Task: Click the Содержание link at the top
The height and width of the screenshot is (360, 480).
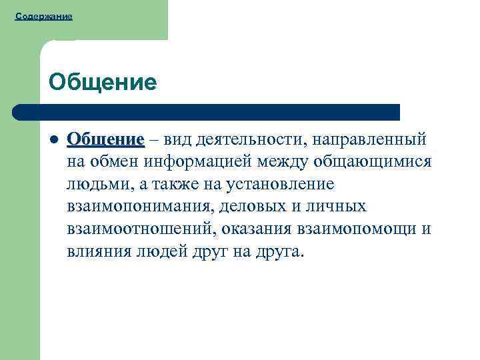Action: pyautogui.click(x=43, y=15)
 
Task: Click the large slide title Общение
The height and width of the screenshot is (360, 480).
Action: pyautogui.click(x=103, y=82)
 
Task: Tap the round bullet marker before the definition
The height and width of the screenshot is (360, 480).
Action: pyautogui.click(x=53, y=141)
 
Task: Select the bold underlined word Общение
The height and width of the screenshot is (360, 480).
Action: pyautogui.click(x=105, y=140)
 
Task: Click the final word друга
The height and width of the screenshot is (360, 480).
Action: pyautogui.click(x=279, y=252)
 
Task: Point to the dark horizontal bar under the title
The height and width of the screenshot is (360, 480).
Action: pyautogui.click(x=207, y=112)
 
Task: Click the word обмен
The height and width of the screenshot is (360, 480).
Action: pyautogui.click(x=114, y=162)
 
